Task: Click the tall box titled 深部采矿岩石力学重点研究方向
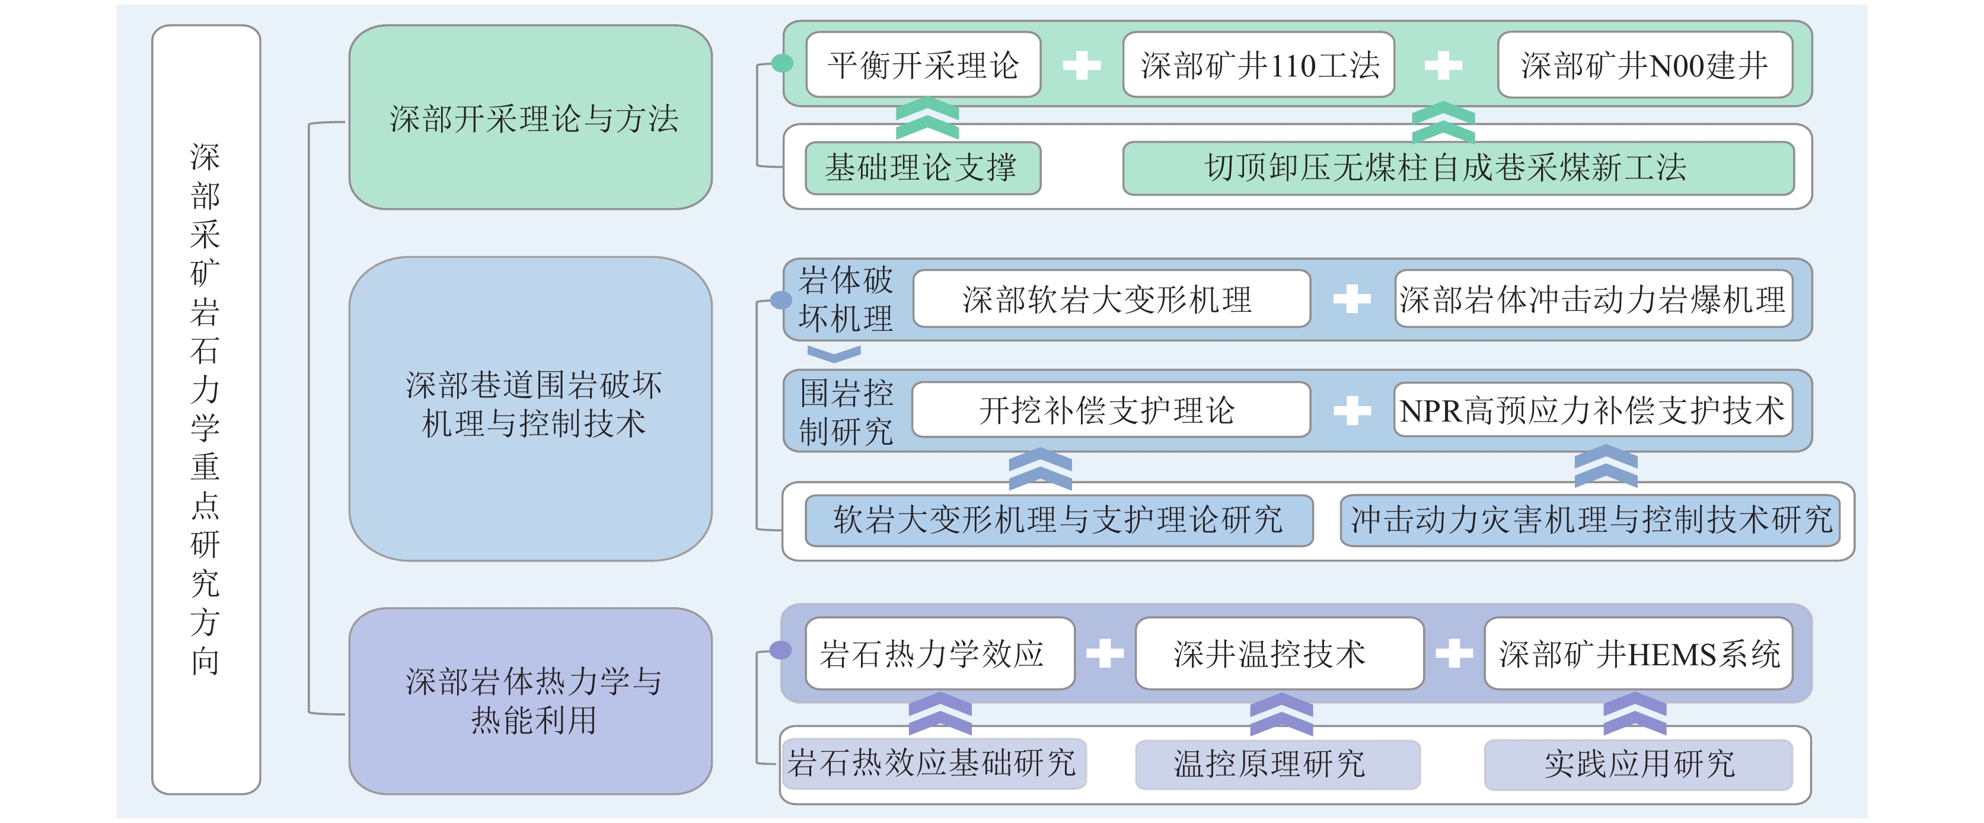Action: [206, 409]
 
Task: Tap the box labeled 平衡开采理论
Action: [923, 65]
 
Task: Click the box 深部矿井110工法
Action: [1258, 65]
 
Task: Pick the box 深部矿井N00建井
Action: [1644, 65]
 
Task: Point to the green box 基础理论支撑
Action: [922, 168]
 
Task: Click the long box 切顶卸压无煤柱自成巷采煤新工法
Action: [1458, 168]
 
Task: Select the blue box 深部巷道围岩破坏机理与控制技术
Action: [530, 408]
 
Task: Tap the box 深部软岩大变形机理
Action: [1111, 299]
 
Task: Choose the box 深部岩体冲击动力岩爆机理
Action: [1593, 299]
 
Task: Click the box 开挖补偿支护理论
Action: [1111, 410]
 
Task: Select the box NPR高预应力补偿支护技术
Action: [1592, 410]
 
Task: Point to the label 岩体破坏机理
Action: [845, 299]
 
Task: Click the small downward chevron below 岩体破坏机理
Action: [833, 353]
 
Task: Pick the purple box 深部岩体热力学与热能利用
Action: [530, 701]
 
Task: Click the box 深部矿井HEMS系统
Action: [1638, 653]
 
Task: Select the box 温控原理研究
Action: [1277, 764]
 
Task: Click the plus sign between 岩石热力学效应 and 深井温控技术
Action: [1105, 653]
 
